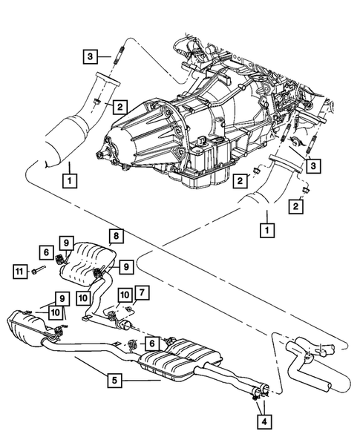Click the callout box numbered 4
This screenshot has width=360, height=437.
tap(264, 421)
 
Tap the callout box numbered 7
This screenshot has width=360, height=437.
tap(142, 290)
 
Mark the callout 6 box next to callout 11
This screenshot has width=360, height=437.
tap(45, 253)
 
